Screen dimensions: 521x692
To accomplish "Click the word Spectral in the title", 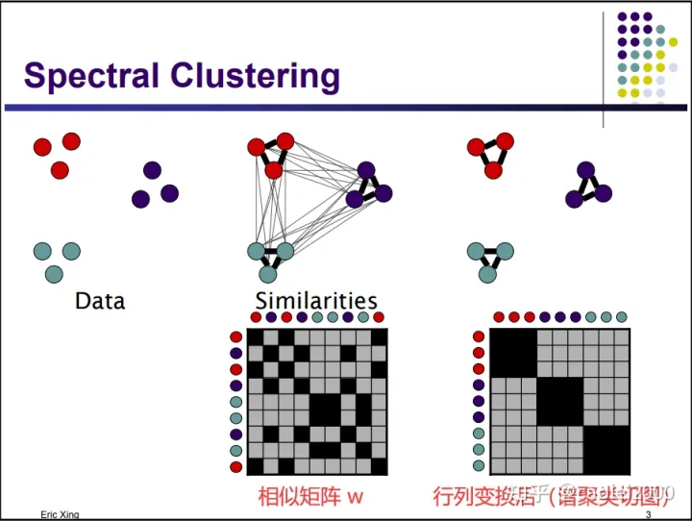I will (x=92, y=75).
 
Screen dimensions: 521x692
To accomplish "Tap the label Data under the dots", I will (x=100, y=301).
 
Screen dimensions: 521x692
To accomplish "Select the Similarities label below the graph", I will (x=316, y=301).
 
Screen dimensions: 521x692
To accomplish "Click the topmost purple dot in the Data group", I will (x=152, y=170).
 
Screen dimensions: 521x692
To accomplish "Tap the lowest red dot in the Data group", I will (x=60, y=170).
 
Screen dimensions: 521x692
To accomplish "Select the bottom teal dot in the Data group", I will (x=54, y=274).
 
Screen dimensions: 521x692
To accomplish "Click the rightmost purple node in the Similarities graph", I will (x=383, y=193).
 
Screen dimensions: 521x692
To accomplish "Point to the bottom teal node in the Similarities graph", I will (x=268, y=274).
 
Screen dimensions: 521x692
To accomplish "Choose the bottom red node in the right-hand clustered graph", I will (x=494, y=170).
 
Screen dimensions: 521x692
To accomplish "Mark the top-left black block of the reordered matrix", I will (x=512, y=355).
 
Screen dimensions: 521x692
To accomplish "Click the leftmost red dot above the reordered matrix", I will (x=499, y=317).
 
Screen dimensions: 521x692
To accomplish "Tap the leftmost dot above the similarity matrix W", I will (x=256, y=317).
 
